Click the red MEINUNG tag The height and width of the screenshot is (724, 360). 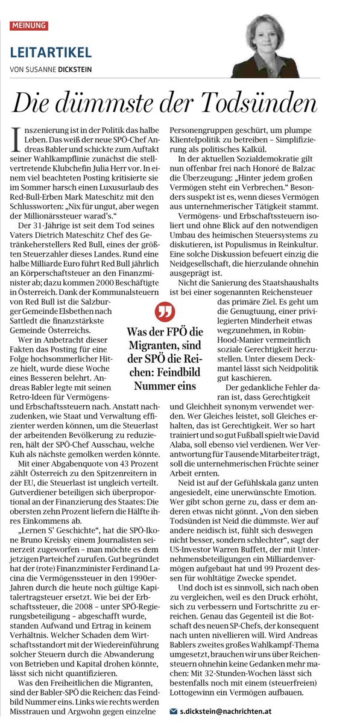[29, 26]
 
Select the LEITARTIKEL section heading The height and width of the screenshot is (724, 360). [51, 52]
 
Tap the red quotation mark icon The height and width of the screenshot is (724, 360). [163, 314]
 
